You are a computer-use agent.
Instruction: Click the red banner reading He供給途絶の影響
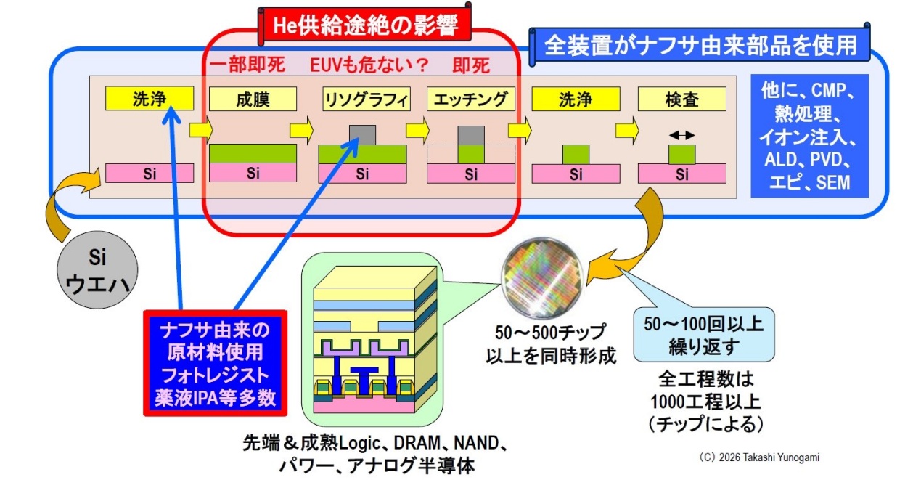tap(365, 25)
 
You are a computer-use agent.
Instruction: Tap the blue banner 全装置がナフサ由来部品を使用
tap(700, 44)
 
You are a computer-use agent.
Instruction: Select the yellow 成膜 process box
tap(253, 99)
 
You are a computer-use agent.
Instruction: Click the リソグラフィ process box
tap(367, 99)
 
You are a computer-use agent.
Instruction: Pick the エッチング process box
tap(471, 99)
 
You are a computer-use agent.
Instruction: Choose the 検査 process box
tap(681, 99)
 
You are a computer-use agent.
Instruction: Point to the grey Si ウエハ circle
tap(97, 270)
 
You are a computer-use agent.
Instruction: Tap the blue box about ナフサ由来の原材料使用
tap(215, 363)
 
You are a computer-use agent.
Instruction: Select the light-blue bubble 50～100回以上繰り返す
tap(704, 335)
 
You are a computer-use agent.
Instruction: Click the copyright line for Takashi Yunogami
tap(759, 457)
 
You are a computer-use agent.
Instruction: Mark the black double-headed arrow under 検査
tap(681, 135)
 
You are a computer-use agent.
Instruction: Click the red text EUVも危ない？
tap(369, 65)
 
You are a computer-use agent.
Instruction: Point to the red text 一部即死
tap(247, 65)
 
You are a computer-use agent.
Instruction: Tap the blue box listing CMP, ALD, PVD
tap(809, 136)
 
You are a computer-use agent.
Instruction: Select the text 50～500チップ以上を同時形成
tap(551, 344)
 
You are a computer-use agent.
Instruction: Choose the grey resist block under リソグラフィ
tap(362, 135)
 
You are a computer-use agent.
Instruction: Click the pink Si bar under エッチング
tap(471, 174)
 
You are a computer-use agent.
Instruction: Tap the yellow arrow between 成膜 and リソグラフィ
tap(301, 131)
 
